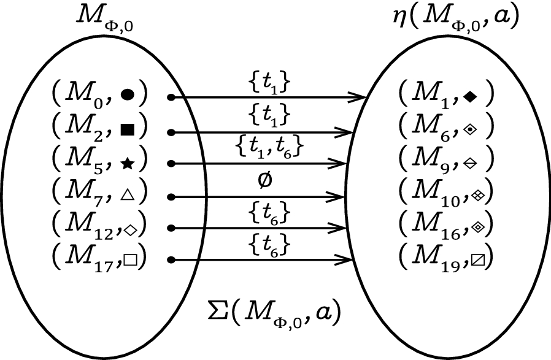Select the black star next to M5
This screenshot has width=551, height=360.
pos(128,163)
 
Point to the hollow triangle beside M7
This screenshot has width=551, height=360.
pos(128,196)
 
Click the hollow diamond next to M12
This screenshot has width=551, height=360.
pos(130,229)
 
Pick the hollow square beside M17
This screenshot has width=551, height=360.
pos(130,261)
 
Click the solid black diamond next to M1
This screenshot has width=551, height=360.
pos(470,96)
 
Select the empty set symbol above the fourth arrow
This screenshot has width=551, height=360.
pos(266,182)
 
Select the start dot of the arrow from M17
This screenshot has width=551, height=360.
pos(172,261)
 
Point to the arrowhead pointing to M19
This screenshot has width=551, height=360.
pos(347,261)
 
